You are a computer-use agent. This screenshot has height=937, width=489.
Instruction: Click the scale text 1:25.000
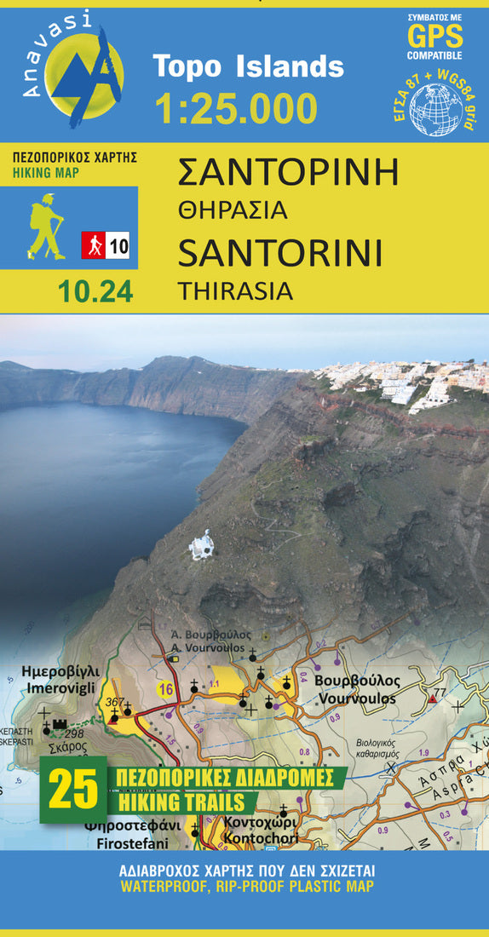click(236, 107)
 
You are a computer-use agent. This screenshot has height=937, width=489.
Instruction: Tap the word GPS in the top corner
click(434, 36)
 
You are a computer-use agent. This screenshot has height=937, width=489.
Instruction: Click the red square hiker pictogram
click(93, 245)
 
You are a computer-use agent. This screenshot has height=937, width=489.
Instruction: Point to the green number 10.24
click(95, 291)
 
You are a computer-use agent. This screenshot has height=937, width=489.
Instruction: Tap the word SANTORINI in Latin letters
click(279, 253)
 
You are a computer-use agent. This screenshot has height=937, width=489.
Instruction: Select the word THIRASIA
click(235, 290)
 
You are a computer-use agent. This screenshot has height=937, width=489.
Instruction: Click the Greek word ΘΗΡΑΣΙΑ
click(232, 210)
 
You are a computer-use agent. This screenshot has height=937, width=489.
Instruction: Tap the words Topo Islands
click(248, 66)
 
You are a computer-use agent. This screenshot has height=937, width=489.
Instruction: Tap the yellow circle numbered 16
click(165, 689)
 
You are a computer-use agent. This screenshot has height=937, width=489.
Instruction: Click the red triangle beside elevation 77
click(433, 698)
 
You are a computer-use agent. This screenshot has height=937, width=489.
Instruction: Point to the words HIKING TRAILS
click(181, 802)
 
